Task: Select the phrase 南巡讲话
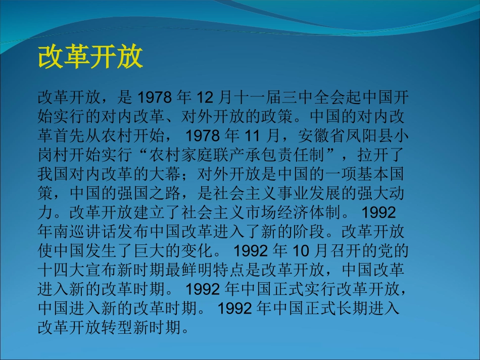pyautogui.click(x=86, y=232)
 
